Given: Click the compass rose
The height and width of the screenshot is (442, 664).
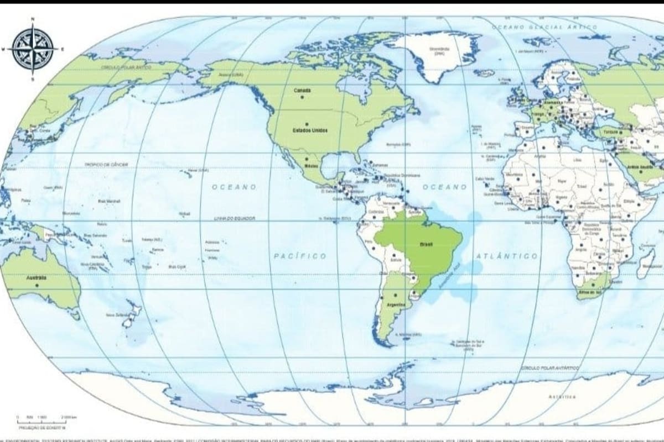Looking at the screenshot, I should pos(33,49).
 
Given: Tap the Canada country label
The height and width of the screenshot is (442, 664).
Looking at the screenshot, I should pos(302,90).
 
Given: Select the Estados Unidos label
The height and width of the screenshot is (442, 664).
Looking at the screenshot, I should pos(310,130).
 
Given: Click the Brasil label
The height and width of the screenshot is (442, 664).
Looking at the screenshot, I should pos(427,244).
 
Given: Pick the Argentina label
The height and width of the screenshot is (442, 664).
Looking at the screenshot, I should pos(397,304).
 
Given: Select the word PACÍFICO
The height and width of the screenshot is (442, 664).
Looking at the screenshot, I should pos(300,256).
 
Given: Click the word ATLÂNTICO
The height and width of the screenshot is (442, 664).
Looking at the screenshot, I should pos(506,256).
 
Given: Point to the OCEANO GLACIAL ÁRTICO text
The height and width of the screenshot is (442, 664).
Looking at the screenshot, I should pos(544,27).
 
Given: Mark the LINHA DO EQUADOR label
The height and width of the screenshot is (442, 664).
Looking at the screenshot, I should pos(235,219).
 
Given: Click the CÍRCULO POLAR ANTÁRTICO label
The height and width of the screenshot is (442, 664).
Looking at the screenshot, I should pos(549,368).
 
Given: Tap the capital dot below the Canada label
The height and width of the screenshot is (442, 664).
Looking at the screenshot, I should pos(302,97).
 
